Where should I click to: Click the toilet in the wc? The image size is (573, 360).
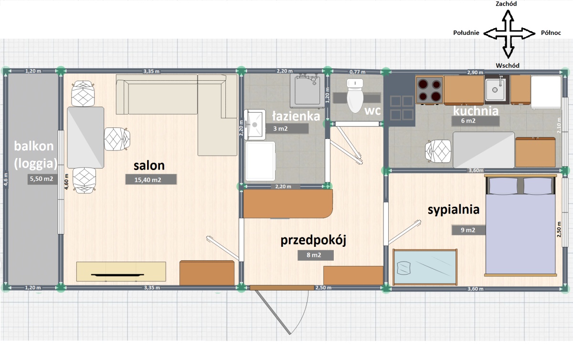coord(355,95)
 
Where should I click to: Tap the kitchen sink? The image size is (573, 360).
coord(496,89)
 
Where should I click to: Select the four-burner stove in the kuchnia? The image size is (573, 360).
coord(429,90)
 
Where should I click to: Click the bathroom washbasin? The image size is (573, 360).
coord(255,125)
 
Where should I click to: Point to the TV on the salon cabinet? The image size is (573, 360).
coord(117,275)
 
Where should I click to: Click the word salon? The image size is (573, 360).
coord(149,166)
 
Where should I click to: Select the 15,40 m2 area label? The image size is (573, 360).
coord(151,180)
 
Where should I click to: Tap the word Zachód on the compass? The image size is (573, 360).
coord(506,4)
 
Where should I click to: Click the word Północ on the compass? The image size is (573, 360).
coord(551,33)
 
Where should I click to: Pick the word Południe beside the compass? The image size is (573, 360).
coord(466,33)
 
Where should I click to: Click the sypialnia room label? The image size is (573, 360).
coord(454,210)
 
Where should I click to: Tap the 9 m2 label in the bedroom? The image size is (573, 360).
coord(468,230)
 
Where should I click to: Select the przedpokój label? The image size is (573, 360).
coord(313,241)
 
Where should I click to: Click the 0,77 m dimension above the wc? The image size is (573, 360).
coord(357,72)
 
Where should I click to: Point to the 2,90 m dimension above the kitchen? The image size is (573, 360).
coord(475,73)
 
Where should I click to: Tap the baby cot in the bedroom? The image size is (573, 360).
coord(425,267)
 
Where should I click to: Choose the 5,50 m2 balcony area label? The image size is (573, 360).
coord(42,179)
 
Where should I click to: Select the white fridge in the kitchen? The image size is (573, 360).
coord(546,92)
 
